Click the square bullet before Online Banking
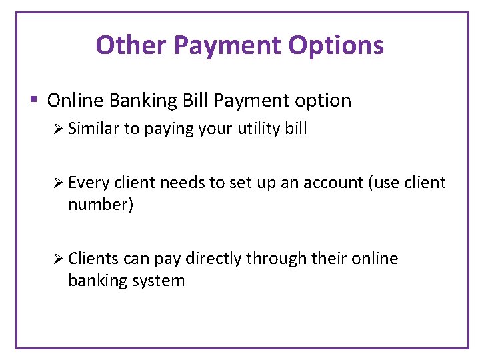(33, 101)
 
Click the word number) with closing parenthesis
(101, 205)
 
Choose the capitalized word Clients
(91, 259)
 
